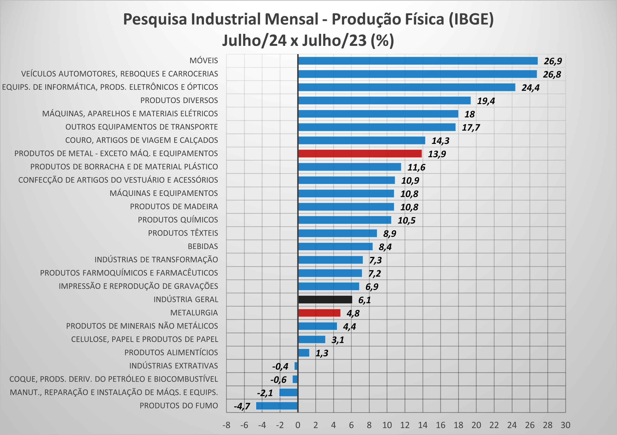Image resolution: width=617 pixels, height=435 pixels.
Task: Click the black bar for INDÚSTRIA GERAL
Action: point(325,300)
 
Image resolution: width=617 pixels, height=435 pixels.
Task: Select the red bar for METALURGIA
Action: point(319,313)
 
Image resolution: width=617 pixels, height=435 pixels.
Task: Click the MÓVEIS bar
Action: point(418,61)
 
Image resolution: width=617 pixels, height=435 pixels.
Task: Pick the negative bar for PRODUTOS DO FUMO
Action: point(277,406)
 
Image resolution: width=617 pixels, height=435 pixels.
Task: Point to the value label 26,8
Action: point(552,74)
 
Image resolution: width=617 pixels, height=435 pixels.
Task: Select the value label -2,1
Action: point(265,393)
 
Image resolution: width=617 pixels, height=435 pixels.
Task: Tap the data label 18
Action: point(469,114)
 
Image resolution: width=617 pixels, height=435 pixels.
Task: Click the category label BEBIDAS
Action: point(203,246)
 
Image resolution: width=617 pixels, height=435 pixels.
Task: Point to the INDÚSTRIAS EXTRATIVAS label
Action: point(174,366)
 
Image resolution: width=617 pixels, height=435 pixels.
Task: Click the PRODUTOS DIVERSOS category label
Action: point(179,100)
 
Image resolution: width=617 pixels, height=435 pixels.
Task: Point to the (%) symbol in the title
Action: point(382,41)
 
